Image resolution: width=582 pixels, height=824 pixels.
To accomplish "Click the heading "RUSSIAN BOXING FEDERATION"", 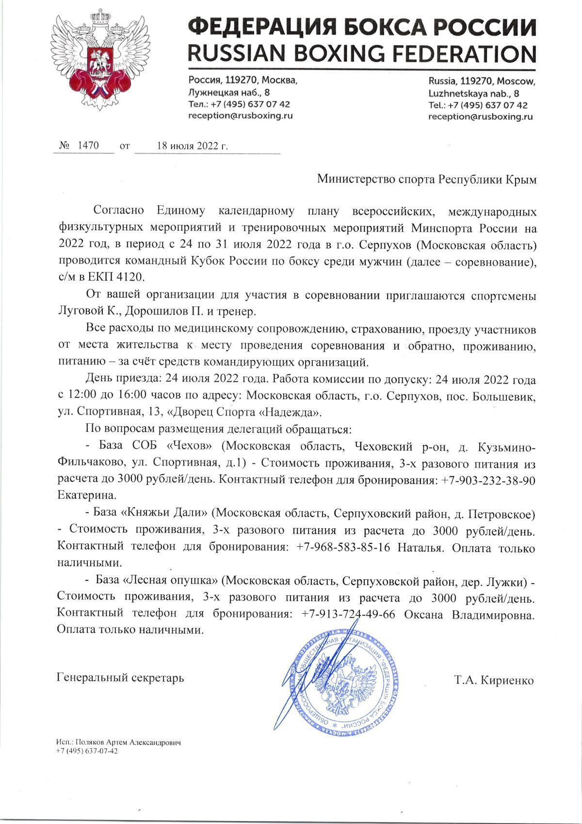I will click(363, 52).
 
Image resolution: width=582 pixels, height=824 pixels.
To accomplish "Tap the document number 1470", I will click(87, 145).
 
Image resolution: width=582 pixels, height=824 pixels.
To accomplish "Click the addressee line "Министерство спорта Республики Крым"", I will click(427, 179).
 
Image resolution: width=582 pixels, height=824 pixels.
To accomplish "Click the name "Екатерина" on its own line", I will click(87, 496).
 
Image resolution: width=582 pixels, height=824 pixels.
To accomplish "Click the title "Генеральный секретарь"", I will click(120, 677).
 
